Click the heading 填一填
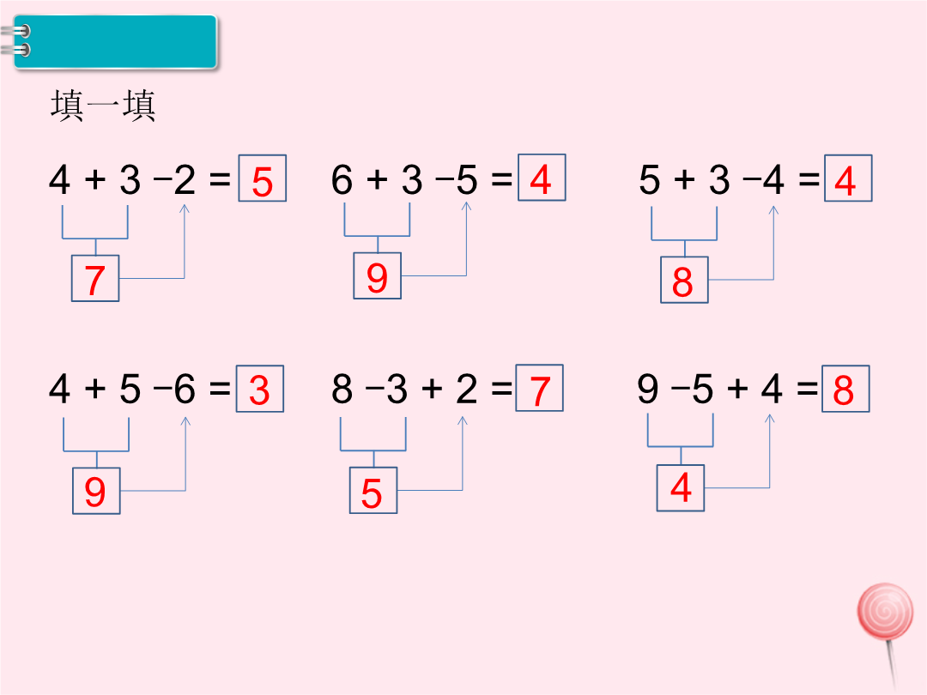pyautogui.click(x=104, y=106)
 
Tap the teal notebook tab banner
pyautogui.click(x=115, y=42)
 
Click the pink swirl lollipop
pyautogui.click(x=885, y=612)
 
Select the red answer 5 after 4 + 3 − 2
pyautogui.click(x=263, y=178)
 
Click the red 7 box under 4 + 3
pyautogui.click(x=95, y=278)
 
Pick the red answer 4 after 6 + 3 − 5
pyautogui.click(x=542, y=178)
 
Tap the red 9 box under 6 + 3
pyautogui.click(x=377, y=275)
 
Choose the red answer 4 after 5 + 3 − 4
pyautogui.click(x=848, y=178)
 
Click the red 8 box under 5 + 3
pyautogui.click(x=684, y=280)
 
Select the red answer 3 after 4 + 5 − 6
pyautogui.click(x=260, y=389)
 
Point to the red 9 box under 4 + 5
pyautogui.click(x=96, y=491)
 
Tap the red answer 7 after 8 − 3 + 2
pyautogui.click(x=539, y=388)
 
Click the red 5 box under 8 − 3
pyautogui.click(x=373, y=490)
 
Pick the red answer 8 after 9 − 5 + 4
pyautogui.click(x=845, y=389)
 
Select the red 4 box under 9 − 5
pyautogui.click(x=681, y=487)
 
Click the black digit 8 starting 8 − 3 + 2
pyautogui.click(x=342, y=389)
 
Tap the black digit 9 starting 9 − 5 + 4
pyautogui.click(x=648, y=389)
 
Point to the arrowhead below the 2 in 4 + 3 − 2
pyautogui.click(x=185, y=208)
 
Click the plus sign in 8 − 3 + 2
pyautogui.click(x=432, y=389)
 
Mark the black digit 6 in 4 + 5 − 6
pyautogui.click(x=185, y=389)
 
